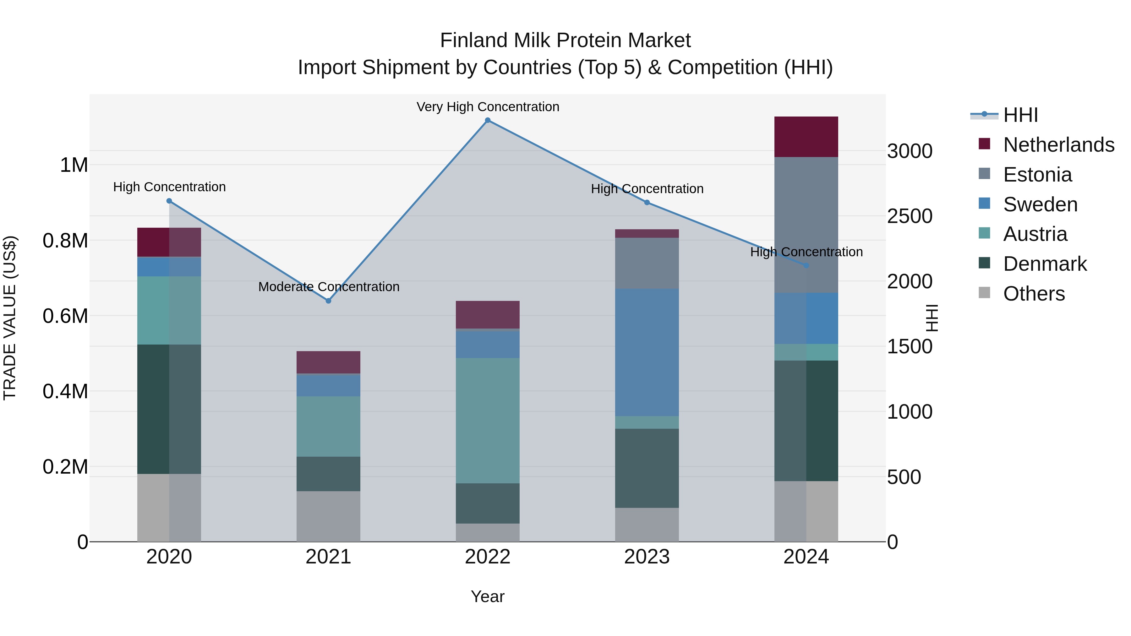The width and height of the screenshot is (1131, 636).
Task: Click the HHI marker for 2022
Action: point(487,120)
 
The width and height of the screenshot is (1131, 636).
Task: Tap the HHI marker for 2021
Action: point(328,301)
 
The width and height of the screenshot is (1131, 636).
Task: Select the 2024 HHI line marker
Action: point(806,265)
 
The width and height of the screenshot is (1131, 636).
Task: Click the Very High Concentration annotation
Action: point(487,107)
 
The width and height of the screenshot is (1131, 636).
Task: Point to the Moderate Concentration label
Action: point(328,287)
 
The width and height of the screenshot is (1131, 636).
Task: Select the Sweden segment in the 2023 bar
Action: point(647,352)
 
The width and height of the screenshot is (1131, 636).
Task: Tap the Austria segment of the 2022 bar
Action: point(487,421)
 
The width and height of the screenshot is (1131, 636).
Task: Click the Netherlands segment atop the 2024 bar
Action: point(806,137)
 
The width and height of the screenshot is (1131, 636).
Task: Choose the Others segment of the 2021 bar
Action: point(328,516)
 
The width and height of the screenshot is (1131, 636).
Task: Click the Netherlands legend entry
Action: point(1058,145)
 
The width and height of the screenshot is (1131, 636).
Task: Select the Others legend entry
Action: point(1034,294)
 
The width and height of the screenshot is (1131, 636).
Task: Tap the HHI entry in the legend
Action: point(1020,115)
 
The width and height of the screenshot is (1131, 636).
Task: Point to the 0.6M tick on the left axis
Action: point(65,316)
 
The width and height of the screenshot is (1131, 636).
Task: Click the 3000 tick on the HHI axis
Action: point(910,151)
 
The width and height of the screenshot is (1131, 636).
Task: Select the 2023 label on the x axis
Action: point(647,557)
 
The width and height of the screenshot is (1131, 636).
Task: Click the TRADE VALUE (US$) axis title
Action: point(10,318)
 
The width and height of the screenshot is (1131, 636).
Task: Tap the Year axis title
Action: point(487,596)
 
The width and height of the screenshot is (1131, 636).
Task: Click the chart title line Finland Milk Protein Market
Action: point(565,41)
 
